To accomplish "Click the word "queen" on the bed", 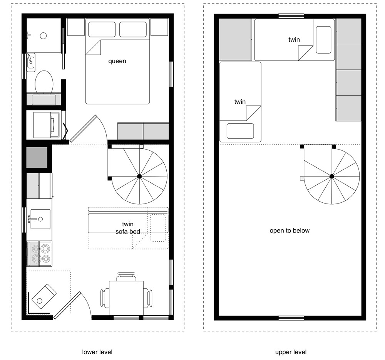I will (117, 61).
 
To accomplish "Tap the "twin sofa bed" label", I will (127, 228).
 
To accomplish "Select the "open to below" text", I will (290, 230).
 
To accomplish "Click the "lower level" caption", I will (97, 352).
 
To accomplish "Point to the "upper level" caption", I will (291, 352).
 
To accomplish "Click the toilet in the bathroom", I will (44, 82).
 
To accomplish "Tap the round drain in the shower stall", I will (44, 36).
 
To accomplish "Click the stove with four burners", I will (39, 254).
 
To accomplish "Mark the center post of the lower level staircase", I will (139, 176).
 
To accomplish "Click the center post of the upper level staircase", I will (331, 176).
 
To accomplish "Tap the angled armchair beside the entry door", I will (44, 295).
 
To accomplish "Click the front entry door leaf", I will (68, 305).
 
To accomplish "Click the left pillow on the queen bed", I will (102, 29).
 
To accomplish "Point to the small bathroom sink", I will (31, 62).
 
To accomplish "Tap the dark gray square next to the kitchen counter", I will (37, 157).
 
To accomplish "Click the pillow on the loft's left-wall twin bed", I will (240, 131).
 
